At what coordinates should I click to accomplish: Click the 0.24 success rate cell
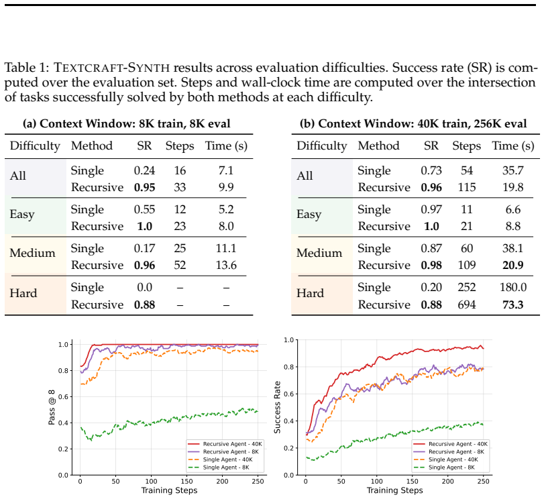[x=144, y=171]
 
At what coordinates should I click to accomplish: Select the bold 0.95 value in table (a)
[x=144, y=187]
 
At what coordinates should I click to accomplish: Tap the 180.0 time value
[x=512, y=287]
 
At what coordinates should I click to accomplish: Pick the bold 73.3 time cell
[x=512, y=304]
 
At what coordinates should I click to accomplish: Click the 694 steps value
[x=467, y=304]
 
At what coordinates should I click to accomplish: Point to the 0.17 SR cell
[x=144, y=248]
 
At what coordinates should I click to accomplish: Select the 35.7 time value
[x=512, y=171]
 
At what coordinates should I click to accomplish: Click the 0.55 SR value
[x=144, y=210]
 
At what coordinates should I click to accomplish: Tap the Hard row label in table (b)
[x=310, y=293]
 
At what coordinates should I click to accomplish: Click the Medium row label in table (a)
[x=33, y=253]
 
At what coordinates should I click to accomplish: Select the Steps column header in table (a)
[x=180, y=146]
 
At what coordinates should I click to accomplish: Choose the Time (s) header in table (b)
[x=512, y=146]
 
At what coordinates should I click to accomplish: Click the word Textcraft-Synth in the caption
[x=112, y=67]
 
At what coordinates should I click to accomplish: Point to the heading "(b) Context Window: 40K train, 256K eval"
[x=413, y=123]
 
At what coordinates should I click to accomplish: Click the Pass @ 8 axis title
[x=52, y=407]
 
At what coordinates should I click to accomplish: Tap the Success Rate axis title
[x=277, y=407]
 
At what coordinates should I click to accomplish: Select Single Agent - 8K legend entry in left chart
[x=226, y=467]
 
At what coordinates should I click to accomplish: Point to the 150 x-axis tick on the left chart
[x=186, y=482]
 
